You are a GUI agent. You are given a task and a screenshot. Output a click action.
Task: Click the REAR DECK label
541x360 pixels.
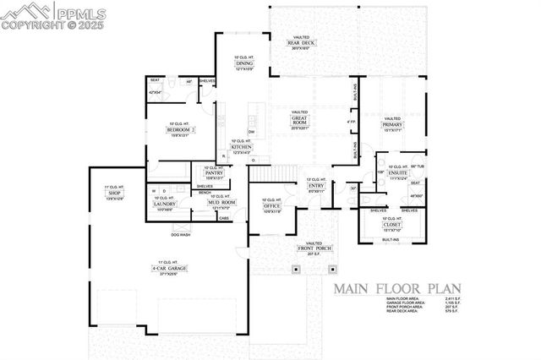click(x=303, y=43)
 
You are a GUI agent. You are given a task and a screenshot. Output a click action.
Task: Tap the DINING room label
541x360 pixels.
click(x=243, y=63)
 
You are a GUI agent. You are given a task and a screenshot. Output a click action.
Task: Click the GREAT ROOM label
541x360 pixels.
click(x=300, y=122)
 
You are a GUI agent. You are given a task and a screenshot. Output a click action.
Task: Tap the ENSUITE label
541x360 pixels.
click(x=398, y=173)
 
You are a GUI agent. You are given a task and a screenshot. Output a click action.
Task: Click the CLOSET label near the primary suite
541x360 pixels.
click(x=391, y=223)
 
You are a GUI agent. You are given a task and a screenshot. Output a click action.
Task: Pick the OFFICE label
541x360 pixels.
click(x=272, y=205)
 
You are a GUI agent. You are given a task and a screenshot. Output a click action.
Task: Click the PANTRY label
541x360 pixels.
click(x=213, y=172)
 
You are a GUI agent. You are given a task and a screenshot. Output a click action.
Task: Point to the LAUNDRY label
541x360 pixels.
click(x=164, y=204)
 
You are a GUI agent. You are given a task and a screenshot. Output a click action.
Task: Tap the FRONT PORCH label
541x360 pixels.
click(x=314, y=248)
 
